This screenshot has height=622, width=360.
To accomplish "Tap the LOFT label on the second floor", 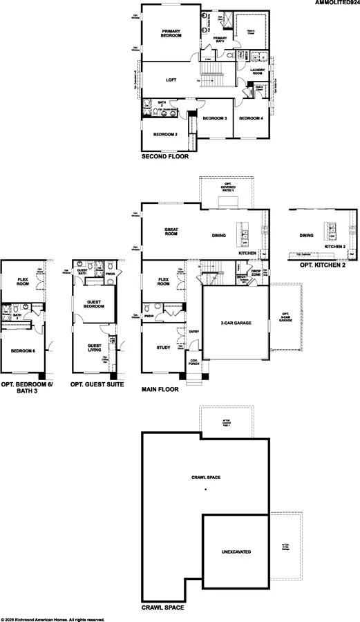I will [171, 79].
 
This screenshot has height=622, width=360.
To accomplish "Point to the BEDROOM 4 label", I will [251, 119].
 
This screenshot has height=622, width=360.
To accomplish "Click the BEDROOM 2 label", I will [165, 134].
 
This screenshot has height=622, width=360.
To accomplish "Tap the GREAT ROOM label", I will [171, 233].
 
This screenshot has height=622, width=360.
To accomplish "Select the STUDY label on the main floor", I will [163, 348].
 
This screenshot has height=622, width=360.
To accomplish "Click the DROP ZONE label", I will [255, 274].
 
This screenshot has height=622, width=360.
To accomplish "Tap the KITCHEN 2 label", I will [335, 246].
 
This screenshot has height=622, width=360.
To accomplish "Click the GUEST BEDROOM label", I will [93, 304].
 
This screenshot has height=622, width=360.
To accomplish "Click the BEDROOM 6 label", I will [23, 351].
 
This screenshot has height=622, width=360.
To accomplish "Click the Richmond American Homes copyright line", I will [53, 619].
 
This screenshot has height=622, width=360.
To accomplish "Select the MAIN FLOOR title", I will [160, 389].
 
